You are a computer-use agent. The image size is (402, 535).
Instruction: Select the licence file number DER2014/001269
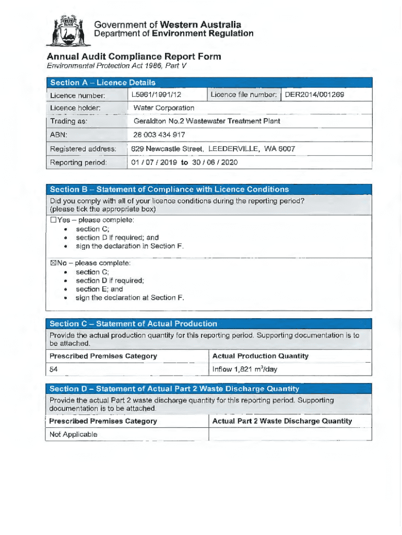[314, 95]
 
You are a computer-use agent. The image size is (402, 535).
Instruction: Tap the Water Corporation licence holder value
[164, 108]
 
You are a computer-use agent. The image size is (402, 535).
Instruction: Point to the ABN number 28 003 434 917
[159, 135]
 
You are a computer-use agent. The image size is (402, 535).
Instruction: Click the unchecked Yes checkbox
[53, 220]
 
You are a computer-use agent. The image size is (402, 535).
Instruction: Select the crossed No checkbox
[53, 263]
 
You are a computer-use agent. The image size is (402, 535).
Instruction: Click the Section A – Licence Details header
[103, 83]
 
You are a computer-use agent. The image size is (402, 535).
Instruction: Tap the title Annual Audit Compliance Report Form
[134, 56]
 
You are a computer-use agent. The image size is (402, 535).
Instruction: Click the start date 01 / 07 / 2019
[155, 162]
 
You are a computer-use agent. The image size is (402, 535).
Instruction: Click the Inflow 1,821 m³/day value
[245, 369]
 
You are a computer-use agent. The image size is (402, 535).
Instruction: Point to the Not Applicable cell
[73, 435]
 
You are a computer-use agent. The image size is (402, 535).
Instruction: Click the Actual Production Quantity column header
[261, 356]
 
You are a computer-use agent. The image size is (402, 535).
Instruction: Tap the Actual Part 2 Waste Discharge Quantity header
[282, 421]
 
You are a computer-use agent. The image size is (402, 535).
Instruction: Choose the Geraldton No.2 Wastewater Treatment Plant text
[207, 121]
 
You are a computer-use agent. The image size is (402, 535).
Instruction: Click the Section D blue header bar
[208, 389]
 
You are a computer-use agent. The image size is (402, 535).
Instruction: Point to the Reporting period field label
[78, 162]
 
